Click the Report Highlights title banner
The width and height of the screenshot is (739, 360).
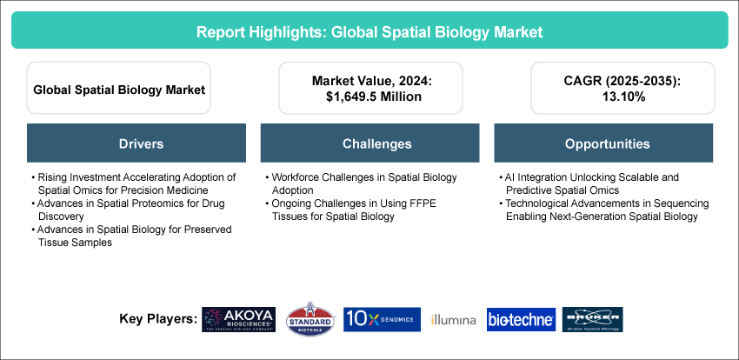[x=369, y=31]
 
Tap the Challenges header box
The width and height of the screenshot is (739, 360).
[x=369, y=143]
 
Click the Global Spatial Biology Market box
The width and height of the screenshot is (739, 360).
[x=118, y=89]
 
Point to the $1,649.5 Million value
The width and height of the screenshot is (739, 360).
[x=369, y=97]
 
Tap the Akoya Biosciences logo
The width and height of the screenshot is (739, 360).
[x=237, y=319]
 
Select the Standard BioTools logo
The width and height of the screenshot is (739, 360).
[x=310, y=319]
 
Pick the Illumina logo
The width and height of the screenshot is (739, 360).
[x=453, y=320]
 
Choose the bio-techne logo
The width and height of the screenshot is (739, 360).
[x=520, y=320]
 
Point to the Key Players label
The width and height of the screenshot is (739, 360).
[x=157, y=319]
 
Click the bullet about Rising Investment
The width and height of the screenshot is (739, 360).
[x=130, y=183]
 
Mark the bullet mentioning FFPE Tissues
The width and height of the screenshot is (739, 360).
[x=363, y=210]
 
